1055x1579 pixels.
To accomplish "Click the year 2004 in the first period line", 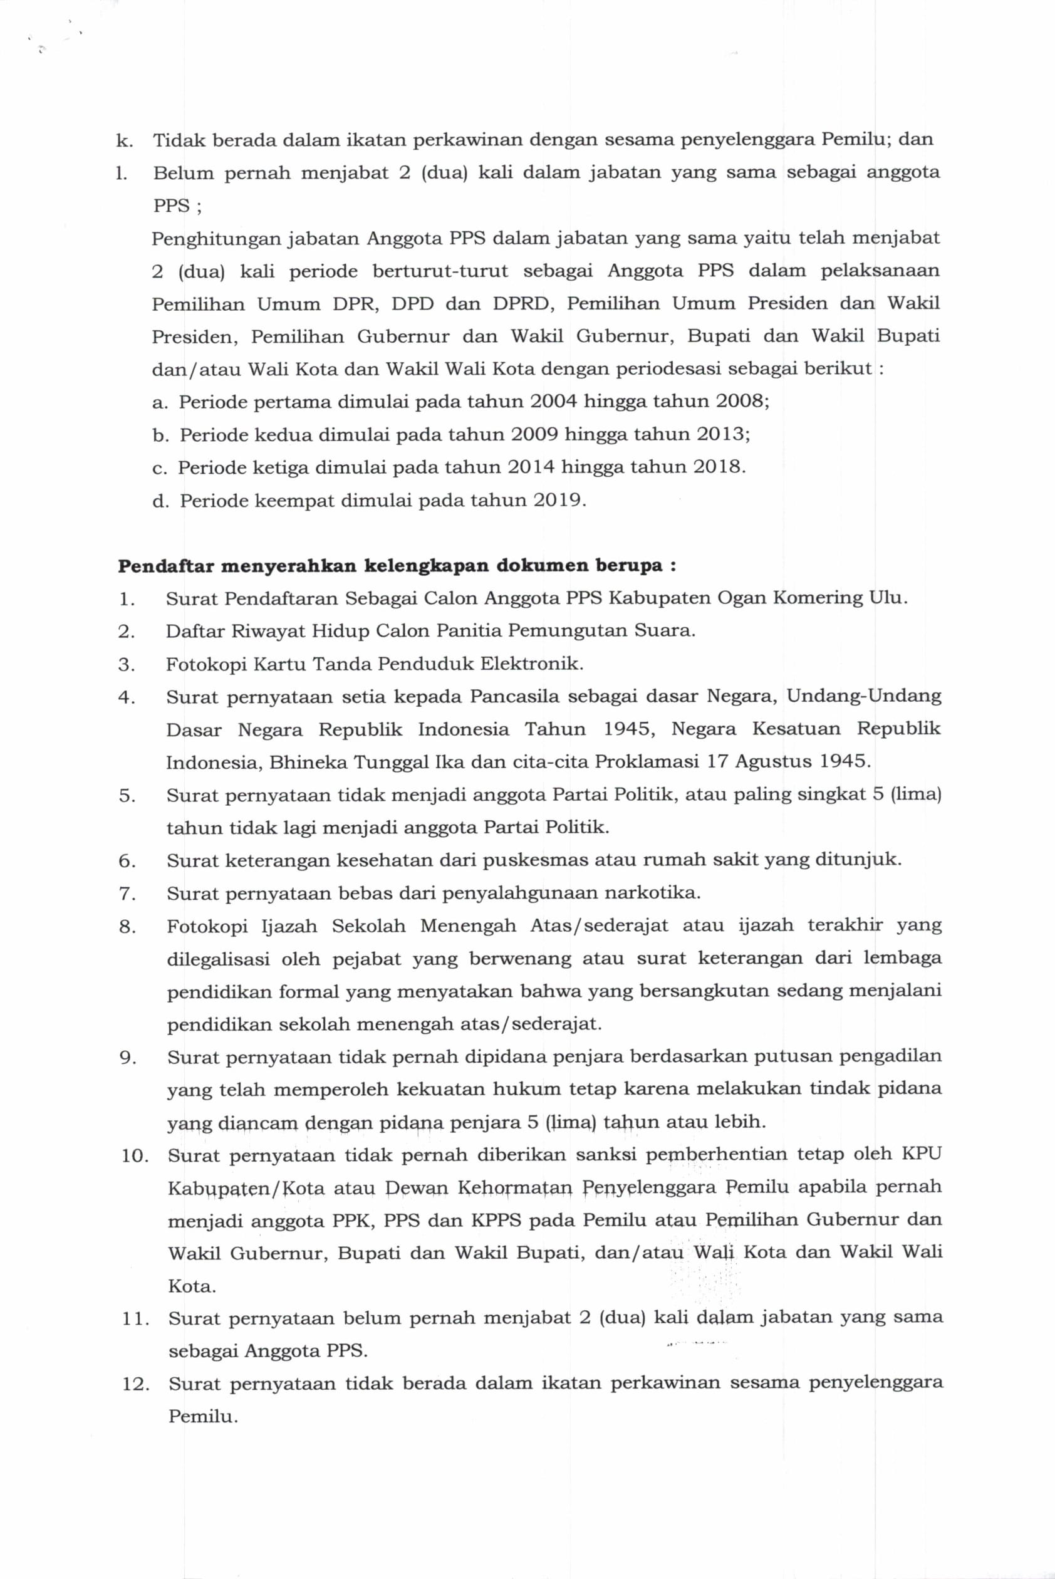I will click(554, 402).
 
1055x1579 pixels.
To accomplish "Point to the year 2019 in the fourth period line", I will click(558, 501).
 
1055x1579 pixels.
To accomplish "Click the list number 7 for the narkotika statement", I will click(127, 894).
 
